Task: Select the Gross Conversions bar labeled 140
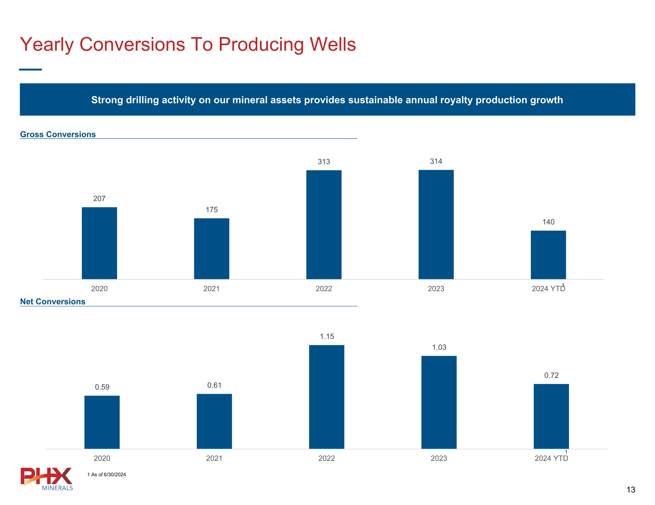[548, 255]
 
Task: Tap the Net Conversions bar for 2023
[439, 402]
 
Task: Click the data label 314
[436, 161]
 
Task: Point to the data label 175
[211, 209]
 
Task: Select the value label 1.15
[327, 336]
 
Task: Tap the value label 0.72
[551, 375]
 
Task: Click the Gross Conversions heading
[58, 134]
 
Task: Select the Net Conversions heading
[53, 301]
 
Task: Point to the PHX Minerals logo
[47, 479]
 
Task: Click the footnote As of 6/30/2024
[107, 474]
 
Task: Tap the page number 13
[631, 490]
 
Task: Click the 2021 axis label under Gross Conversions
[211, 289]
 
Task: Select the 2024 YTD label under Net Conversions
[551, 458]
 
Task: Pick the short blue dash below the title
[30, 70]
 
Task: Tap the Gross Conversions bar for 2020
[99, 243]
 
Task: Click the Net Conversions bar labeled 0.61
[214, 421]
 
